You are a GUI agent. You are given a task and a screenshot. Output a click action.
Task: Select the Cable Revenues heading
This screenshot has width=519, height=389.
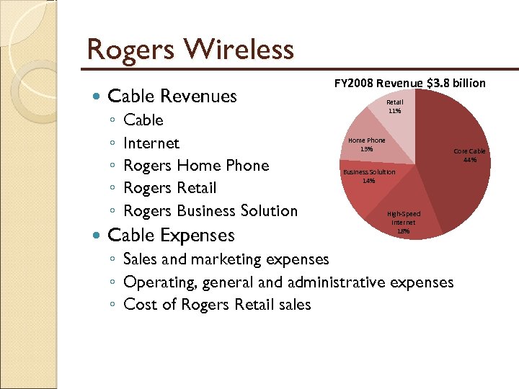tap(172, 96)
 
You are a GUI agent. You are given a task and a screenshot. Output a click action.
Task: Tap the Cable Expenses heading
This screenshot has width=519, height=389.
tap(170, 235)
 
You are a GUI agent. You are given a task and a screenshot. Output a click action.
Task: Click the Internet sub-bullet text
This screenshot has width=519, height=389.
tap(151, 143)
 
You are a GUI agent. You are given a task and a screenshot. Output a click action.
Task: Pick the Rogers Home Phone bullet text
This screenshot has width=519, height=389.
tap(196, 166)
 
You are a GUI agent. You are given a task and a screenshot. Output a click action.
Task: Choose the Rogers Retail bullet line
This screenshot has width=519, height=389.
tap(169, 188)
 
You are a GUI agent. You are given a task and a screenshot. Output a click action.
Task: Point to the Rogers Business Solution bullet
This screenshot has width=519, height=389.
tap(210, 211)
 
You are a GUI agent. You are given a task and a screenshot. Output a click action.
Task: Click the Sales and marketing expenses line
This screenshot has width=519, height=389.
tap(226, 259)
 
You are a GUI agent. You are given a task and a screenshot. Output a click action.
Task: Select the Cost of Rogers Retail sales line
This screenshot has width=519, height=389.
tap(217, 304)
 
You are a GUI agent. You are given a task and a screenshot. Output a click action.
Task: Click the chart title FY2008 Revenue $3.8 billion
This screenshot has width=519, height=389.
tap(410, 84)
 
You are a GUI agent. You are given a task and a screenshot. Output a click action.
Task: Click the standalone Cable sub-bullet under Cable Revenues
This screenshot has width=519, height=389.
tap(143, 120)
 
